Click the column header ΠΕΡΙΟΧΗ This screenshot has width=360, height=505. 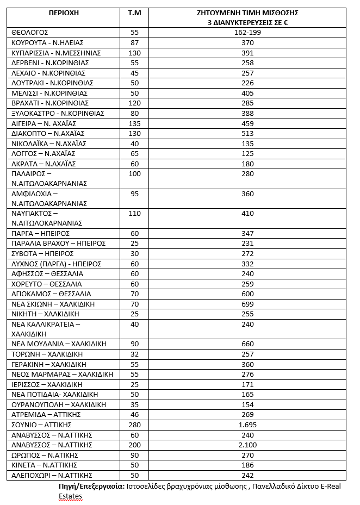[x=64, y=13]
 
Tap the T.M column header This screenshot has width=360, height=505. [x=134, y=13]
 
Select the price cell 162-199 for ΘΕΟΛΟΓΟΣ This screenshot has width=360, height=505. [x=247, y=33]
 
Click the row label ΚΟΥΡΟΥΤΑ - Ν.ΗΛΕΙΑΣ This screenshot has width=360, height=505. [x=47, y=43]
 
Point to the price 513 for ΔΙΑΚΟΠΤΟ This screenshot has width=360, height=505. [x=247, y=134]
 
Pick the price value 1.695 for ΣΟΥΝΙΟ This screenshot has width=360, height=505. [x=247, y=425]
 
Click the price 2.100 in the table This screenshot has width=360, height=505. [x=247, y=445]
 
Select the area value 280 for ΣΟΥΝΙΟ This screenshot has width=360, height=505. [x=134, y=425]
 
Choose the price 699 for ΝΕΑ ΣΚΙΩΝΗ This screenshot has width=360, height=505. [x=247, y=304]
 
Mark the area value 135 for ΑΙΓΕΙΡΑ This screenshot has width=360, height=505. [x=134, y=124]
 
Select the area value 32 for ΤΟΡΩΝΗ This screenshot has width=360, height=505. [x=134, y=354]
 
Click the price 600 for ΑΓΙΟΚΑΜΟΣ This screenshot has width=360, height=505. [x=247, y=294]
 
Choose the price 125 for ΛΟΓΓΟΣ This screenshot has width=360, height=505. [x=247, y=154]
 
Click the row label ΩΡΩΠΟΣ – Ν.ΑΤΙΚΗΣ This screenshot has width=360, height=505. [x=45, y=455]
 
